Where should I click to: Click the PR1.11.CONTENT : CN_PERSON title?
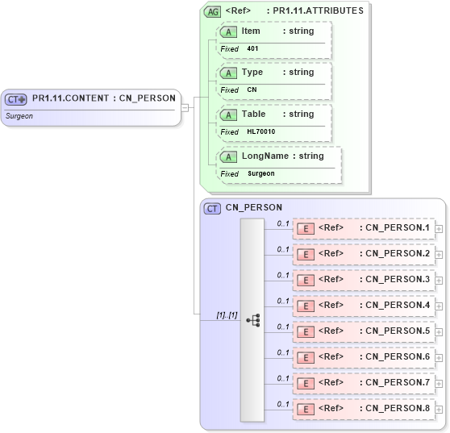pos(103,98)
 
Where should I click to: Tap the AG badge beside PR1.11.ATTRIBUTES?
pos(213,11)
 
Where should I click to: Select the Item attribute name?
pos(251,30)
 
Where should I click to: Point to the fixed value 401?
pos(252,48)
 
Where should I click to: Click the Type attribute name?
pos(252,72)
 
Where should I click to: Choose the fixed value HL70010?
pos(260,131)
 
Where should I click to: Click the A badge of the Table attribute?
pos(229,114)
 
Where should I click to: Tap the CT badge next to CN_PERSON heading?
pos(212,208)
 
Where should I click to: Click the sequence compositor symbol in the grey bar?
pos(252,319)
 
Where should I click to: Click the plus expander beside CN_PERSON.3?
pos(439,280)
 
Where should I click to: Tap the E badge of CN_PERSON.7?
pos(306,383)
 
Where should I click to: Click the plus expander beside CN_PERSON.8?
pos(439,409)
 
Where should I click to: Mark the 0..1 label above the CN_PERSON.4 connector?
pos(283,300)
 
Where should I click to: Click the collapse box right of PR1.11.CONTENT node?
pos(185,106)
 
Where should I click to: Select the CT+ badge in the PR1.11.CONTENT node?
pos(16,99)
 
